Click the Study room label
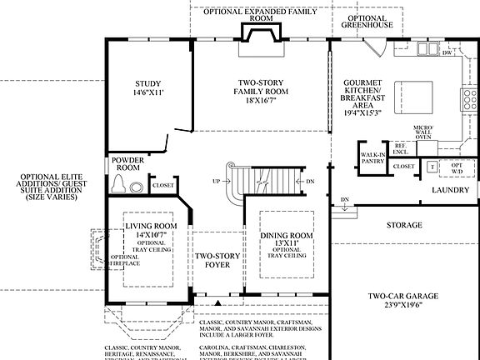[x=151, y=89]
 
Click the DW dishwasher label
[x=447, y=52]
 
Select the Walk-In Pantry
[x=372, y=158]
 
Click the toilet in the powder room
[x=118, y=183]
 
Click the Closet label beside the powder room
[x=163, y=185]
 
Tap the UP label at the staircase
[x=217, y=181]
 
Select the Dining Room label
[x=287, y=236]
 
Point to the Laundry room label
[x=451, y=190]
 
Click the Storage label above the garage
[x=404, y=225]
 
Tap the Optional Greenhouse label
[x=366, y=21]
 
